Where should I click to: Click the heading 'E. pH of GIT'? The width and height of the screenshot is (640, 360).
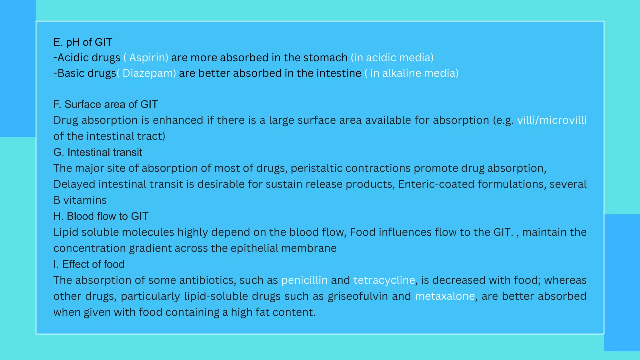tap(83, 42)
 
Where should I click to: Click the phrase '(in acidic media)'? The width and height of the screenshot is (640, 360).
tap(392, 58)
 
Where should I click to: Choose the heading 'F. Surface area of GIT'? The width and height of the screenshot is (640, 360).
tap(106, 104)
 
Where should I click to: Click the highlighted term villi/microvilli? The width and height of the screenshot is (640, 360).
tap(552, 120)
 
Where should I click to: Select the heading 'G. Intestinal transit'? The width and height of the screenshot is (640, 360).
tap(97, 152)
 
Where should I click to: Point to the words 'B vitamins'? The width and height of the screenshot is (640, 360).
tap(80, 200)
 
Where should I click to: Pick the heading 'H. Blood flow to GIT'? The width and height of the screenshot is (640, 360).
tap(101, 216)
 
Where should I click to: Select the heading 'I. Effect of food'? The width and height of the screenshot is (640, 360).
tap(89, 264)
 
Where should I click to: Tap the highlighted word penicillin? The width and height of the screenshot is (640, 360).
tap(304, 280)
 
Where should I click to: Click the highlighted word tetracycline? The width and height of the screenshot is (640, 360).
tap(384, 280)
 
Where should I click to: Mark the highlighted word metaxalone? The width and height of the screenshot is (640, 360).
tap(445, 296)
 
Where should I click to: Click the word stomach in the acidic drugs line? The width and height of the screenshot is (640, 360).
tap(325, 58)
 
